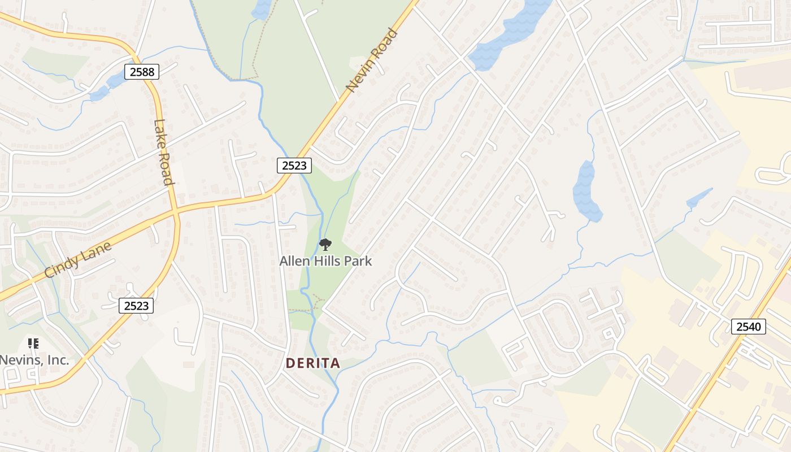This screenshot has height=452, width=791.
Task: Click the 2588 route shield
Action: coord(142,72)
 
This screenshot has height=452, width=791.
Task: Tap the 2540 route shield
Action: coord(749,326)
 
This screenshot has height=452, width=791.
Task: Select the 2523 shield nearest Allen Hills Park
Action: coord(294,166)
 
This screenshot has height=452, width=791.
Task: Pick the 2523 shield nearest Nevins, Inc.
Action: coord(136,306)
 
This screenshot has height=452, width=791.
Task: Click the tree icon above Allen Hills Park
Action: coord(325,245)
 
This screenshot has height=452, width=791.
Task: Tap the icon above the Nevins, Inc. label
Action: coord(33,343)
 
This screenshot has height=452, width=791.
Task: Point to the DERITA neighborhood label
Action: coord(313,363)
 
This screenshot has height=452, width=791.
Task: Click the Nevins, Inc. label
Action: coord(34,359)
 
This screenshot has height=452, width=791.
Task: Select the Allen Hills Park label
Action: coord(326,261)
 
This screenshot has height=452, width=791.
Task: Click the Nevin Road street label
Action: coord(372,60)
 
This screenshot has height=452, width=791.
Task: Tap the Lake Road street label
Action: coord(163,153)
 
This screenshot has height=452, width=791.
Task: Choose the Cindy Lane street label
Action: coord(78,260)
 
